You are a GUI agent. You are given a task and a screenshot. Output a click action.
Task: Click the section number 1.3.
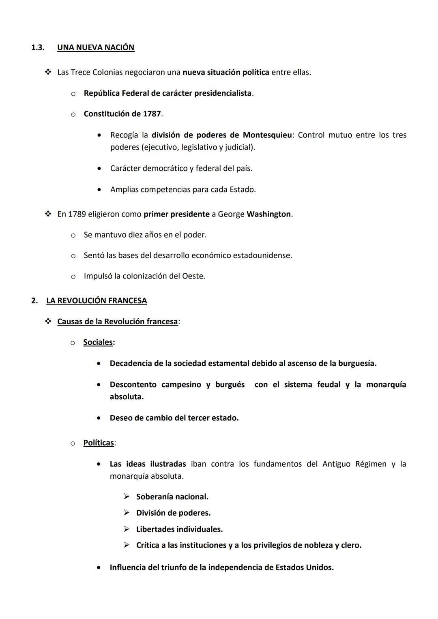(37, 47)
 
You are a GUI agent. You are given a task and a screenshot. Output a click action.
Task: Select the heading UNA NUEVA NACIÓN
(96, 47)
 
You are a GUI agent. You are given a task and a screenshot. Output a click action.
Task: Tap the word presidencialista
(223, 93)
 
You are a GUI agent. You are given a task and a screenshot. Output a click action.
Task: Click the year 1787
(152, 114)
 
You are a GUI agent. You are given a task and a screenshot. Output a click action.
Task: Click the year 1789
(77, 214)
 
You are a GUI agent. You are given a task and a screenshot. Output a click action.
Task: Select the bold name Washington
(268, 214)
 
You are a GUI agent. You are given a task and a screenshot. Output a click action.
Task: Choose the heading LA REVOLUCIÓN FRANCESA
(97, 301)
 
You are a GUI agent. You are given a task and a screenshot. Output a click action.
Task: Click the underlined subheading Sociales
(98, 342)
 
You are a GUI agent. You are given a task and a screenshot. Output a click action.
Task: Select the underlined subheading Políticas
(99, 443)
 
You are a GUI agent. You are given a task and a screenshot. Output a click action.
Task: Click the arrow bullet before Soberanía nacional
(127, 497)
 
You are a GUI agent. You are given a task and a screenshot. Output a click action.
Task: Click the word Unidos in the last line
(320, 568)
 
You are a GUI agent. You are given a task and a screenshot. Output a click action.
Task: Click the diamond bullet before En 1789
(48, 214)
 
